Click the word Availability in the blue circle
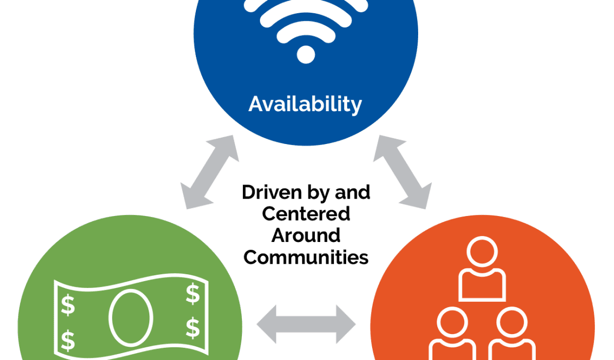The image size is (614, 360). tap(305, 104)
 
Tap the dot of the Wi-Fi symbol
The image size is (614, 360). tap(306, 54)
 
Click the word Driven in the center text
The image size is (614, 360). tap(271, 192)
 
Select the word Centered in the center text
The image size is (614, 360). tap(306, 214)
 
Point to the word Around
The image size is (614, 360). tap(306, 236)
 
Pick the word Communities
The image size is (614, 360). tap(306, 257)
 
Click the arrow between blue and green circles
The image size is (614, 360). tap(210, 172)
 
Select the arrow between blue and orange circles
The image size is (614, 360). tap(403, 172)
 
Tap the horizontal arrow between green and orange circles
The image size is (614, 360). tap(306, 325)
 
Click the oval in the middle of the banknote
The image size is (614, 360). tap(131, 318)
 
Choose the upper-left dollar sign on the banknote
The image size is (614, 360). tap(68, 304)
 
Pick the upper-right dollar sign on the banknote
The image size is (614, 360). tap(193, 294)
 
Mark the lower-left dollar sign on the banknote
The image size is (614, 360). tap(68, 340)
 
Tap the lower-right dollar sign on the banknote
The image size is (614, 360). tap(193, 328)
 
